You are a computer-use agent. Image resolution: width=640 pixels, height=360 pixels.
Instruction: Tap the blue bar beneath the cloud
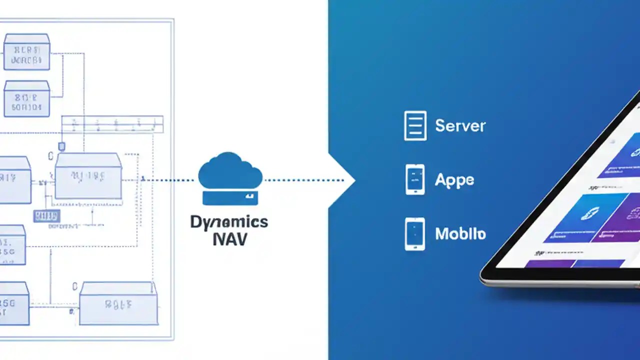pyautogui.click(x=230, y=198)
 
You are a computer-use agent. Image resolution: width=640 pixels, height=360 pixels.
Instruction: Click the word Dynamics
pyautogui.click(x=229, y=222)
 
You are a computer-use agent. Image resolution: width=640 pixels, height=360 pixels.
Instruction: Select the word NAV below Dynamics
pyautogui.click(x=229, y=239)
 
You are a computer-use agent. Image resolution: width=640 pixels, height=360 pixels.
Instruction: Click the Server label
pyautogui.click(x=460, y=125)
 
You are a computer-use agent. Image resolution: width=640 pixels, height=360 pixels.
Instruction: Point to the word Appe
pyautogui.click(x=454, y=179)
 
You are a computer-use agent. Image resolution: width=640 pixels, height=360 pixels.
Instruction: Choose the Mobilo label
pyautogui.click(x=460, y=233)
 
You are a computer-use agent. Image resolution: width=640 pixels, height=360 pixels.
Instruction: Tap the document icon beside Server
pyautogui.click(x=415, y=125)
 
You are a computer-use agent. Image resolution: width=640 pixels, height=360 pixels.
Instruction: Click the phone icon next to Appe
pyautogui.click(x=415, y=179)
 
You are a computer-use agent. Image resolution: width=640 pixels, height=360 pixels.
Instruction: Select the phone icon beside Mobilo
pyautogui.click(x=415, y=233)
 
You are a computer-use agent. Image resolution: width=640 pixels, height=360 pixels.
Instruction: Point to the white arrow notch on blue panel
pyautogui.click(x=342, y=180)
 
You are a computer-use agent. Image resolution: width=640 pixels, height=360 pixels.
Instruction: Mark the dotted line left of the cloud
pyautogui.click(x=170, y=180)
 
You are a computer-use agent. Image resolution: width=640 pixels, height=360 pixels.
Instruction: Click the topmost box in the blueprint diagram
pyautogui.click(x=26, y=52)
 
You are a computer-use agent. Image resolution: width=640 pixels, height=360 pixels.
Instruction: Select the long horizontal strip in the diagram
pyautogui.click(x=112, y=124)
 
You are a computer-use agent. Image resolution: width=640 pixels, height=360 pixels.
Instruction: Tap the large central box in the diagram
pyautogui.click(x=88, y=176)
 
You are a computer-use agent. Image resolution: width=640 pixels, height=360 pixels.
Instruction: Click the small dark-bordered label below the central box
pyautogui.click(x=46, y=216)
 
